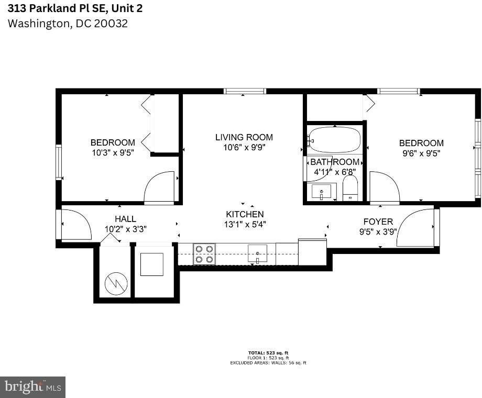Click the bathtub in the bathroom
click(335, 140)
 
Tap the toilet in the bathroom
click(350, 189)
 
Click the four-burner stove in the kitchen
click(204, 253)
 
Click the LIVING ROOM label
click(244, 137)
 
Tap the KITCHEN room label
click(245, 214)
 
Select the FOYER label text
click(378, 222)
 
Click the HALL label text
click(125, 219)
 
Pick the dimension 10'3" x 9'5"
click(113, 153)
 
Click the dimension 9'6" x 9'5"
click(421, 153)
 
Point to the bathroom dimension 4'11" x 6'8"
click(335, 171)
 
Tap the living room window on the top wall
click(245, 91)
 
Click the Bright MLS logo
click(32, 387)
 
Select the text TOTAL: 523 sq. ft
click(268, 353)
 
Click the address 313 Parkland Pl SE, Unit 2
click(75, 8)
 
